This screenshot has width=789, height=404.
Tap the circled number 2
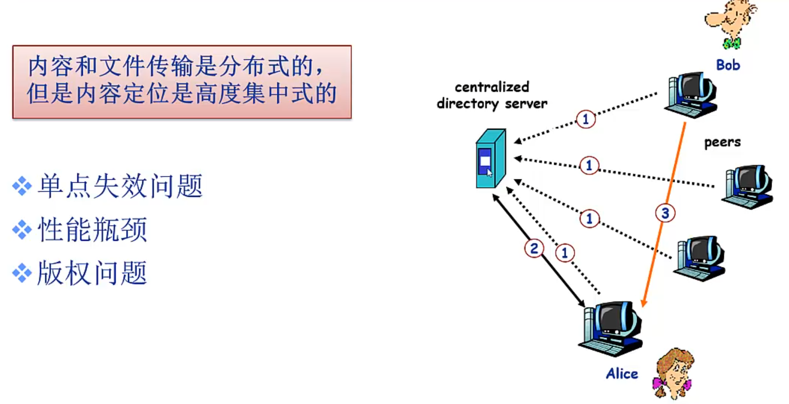click(534, 248)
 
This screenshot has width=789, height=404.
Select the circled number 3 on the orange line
click(665, 214)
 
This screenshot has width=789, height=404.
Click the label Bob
click(728, 65)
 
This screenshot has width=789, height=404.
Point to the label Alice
click(622, 374)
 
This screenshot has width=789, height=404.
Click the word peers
click(722, 143)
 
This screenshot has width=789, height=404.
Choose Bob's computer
click(691, 94)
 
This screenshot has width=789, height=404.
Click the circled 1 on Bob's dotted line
click(586, 119)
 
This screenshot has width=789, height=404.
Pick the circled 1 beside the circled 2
click(565, 253)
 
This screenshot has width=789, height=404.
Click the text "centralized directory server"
click(492, 95)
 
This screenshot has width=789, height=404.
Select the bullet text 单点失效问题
click(120, 186)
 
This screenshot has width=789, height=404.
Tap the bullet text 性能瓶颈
click(93, 230)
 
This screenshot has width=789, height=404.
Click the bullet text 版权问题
click(93, 273)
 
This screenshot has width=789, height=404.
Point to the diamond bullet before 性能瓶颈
click(22, 230)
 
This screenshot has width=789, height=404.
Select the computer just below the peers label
click(747, 186)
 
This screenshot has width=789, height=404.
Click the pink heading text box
click(182, 82)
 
